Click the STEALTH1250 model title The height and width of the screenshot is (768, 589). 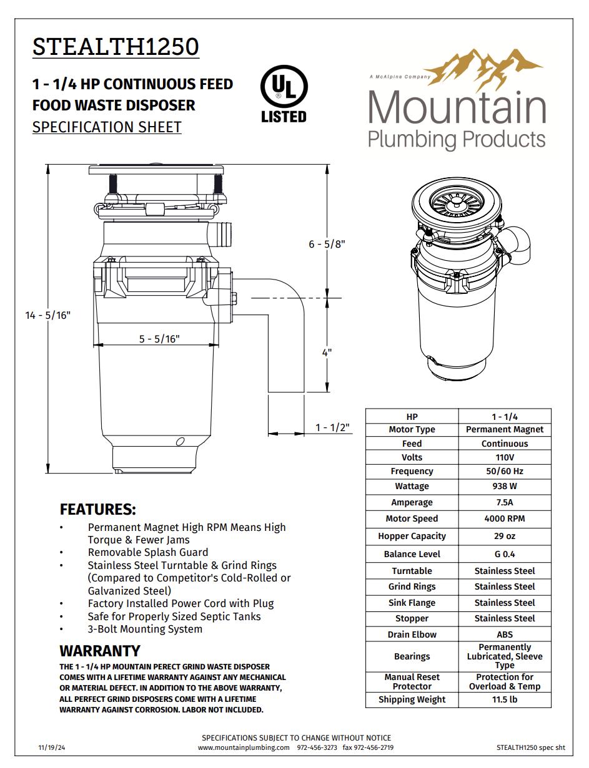[116, 47]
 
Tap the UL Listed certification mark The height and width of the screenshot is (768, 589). [284, 95]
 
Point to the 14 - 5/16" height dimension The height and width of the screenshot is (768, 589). [48, 315]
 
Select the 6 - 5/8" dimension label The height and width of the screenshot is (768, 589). [327, 244]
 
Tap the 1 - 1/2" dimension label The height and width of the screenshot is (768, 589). [332, 427]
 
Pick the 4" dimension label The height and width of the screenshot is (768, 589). [327, 352]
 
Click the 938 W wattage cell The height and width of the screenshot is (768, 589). [505, 486]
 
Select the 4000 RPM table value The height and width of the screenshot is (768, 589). [505, 518]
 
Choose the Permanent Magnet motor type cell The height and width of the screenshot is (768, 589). [505, 429]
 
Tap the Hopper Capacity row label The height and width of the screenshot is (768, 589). [412, 536]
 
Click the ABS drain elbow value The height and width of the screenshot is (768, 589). [505, 634]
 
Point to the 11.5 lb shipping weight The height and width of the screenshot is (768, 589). [505, 699]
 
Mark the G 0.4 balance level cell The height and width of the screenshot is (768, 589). [505, 554]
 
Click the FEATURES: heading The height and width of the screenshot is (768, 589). [97, 509]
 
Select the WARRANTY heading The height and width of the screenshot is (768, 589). [100, 651]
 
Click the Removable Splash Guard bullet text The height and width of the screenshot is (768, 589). [148, 552]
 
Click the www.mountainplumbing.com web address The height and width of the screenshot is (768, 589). [244, 747]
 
